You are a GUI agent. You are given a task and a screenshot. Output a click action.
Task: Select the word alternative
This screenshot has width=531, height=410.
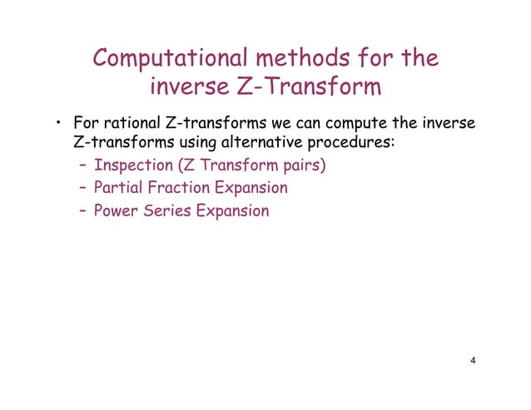(x=258, y=144)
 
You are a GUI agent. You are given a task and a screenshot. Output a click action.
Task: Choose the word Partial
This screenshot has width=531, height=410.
(x=117, y=188)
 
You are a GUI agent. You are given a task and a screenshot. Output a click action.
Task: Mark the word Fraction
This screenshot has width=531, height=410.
(x=176, y=188)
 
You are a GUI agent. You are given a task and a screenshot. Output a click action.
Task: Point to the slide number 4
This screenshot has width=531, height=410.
(x=473, y=361)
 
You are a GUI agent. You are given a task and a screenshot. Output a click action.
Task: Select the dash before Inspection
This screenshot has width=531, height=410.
(x=82, y=165)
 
